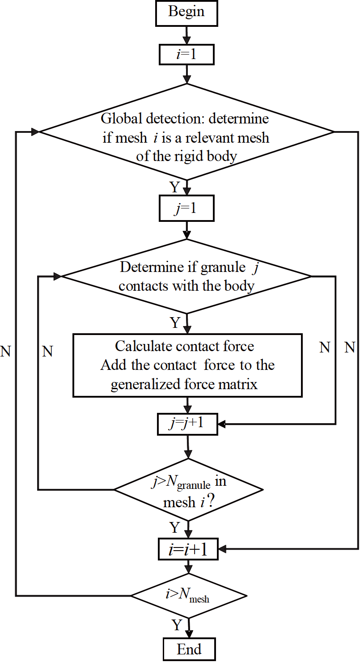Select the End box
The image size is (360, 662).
(x=189, y=649)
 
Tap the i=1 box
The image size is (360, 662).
(x=186, y=55)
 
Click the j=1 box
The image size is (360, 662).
(x=187, y=210)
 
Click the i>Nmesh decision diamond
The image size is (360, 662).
(x=188, y=596)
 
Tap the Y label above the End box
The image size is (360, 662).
(x=177, y=625)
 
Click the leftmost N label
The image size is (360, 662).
(x=5, y=352)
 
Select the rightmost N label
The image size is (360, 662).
(x=350, y=347)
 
